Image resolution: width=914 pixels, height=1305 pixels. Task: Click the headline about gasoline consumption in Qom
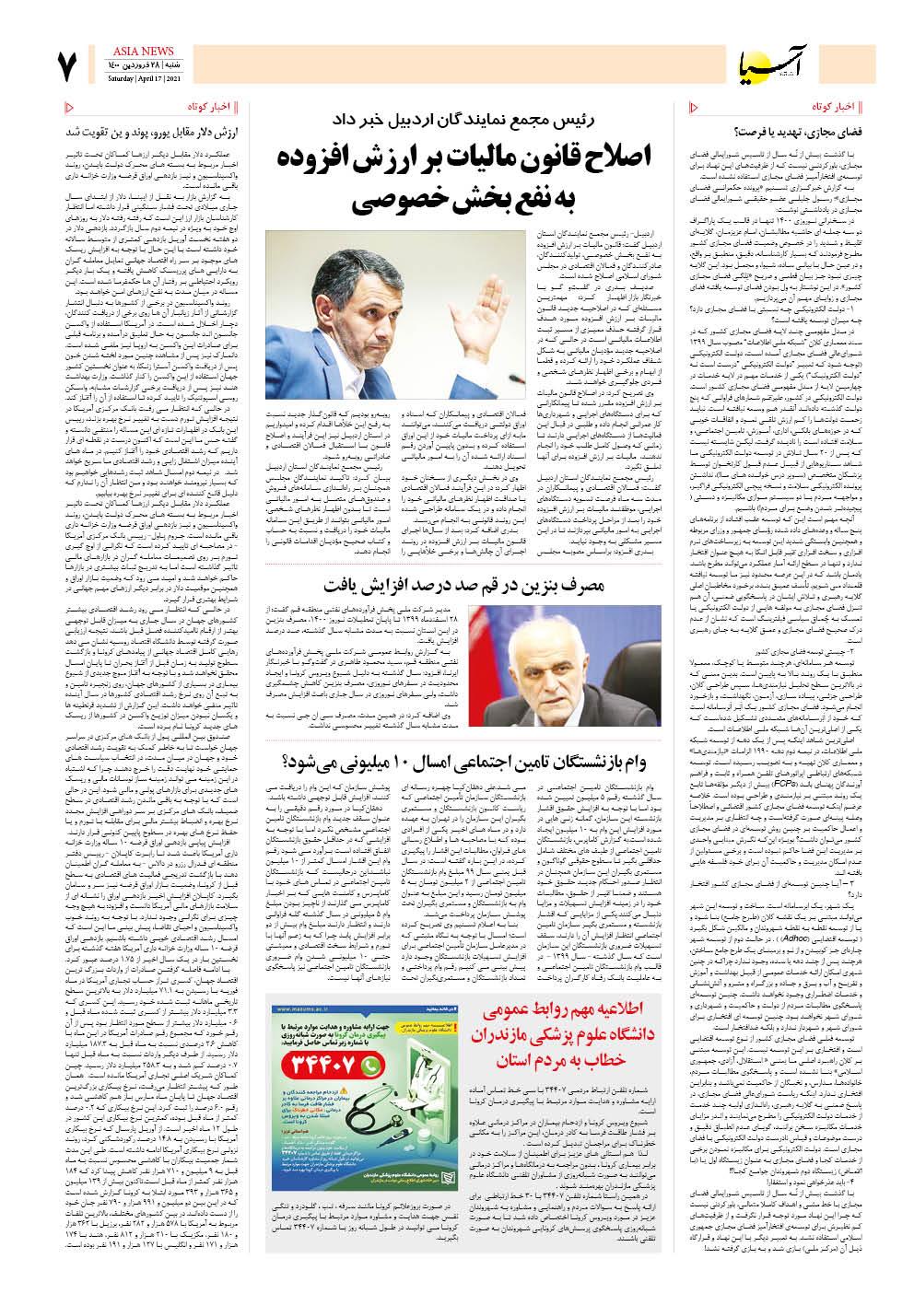(x=469, y=559)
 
